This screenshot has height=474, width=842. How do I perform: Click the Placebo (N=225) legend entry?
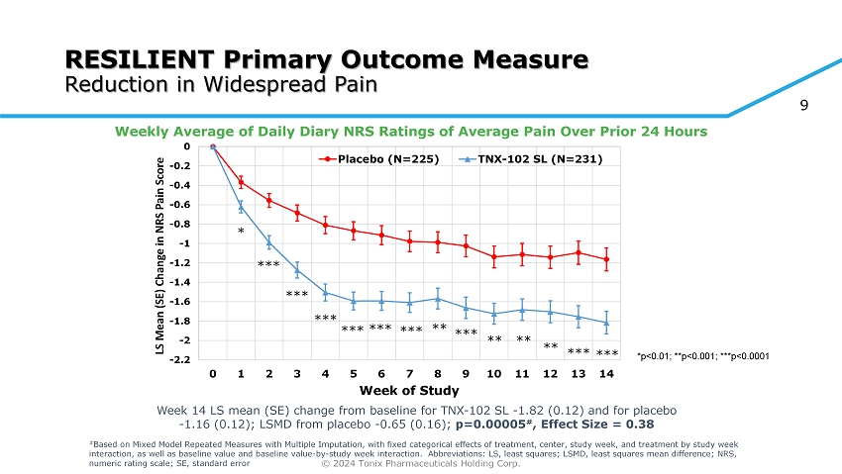click(379, 158)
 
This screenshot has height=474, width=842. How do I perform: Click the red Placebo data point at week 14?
click(606, 259)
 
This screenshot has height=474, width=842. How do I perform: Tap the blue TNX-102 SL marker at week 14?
click(606, 324)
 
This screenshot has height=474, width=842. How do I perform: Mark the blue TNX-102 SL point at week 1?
click(241, 206)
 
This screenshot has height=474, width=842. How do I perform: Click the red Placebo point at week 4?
click(325, 225)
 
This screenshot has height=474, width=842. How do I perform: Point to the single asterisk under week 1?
click(241, 232)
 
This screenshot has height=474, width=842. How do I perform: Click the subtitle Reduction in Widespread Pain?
click(221, 83)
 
